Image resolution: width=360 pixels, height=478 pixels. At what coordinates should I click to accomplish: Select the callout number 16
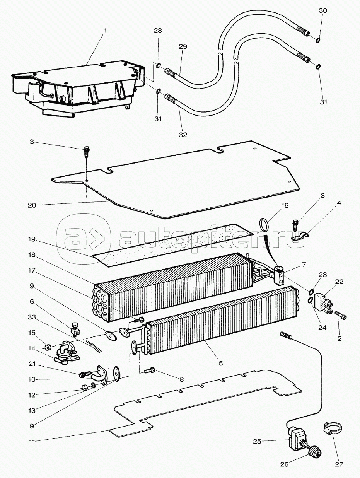point(285,205)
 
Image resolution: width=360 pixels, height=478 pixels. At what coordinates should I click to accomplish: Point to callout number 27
point(339,464)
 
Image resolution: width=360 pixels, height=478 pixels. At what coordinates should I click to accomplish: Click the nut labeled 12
point(84,388)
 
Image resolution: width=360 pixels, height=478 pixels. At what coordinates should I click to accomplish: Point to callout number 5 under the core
point(220,363)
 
